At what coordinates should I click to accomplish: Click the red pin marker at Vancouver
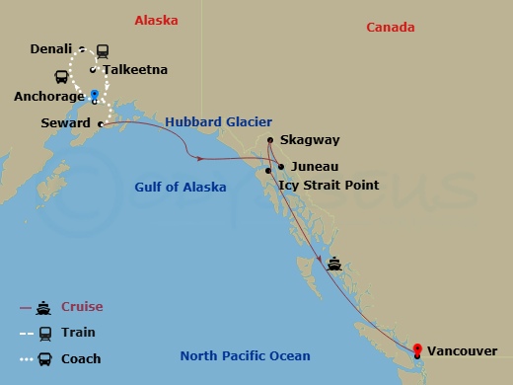click(x=417, y=348)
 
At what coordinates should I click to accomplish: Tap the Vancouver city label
click(x=462, y=350)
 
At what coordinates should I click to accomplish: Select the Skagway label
click(x=306, y=141)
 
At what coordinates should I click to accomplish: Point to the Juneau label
click(x=315, y=167)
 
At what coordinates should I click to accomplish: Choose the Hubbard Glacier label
click(x=218, y=121)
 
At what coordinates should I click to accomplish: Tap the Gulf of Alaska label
click(x=180, y=188)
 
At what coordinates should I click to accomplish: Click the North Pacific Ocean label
click(x=245, y=356)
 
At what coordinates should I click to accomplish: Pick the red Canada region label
click(x=390, y=27)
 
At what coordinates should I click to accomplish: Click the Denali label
click(x=52, y=47)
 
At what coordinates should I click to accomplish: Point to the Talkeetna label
click(x=135, y=70)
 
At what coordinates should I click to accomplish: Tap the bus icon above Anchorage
click(x=62, y=76)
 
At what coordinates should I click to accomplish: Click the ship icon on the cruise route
click(x=334, y=264)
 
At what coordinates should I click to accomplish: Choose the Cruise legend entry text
click(x=82, y=307)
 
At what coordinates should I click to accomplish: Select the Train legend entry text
click(x=78, y=333)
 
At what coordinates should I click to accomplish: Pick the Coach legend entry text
click(x=81, y=359)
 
